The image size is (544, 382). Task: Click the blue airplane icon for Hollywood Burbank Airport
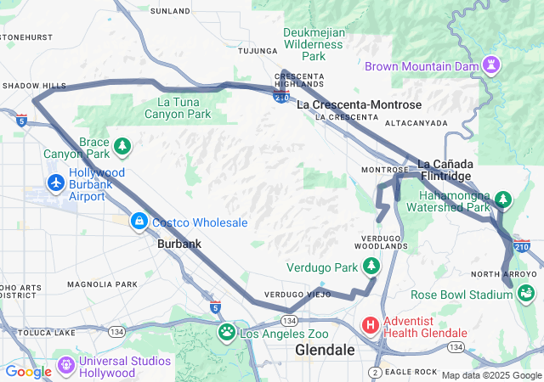[56, 182]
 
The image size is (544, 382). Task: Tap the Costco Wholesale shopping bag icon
[138, 222]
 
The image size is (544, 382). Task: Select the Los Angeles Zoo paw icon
[227, 331]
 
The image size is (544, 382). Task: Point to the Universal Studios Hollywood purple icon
[65, 367]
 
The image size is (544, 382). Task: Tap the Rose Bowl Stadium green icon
[526, 294]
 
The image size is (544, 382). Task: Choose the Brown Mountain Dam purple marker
[491, 65]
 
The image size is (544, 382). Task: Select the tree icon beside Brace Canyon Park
[123, 147]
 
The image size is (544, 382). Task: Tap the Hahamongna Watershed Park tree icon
[504, 199]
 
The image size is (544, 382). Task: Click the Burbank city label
[178, 244]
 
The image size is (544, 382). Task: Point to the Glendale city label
[325, 350]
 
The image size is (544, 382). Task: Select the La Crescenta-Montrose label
[359, 104]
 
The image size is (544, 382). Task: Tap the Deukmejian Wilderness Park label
[314, 44]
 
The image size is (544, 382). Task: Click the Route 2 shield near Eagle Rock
[375, 373]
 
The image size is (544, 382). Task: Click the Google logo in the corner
[28, 371]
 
